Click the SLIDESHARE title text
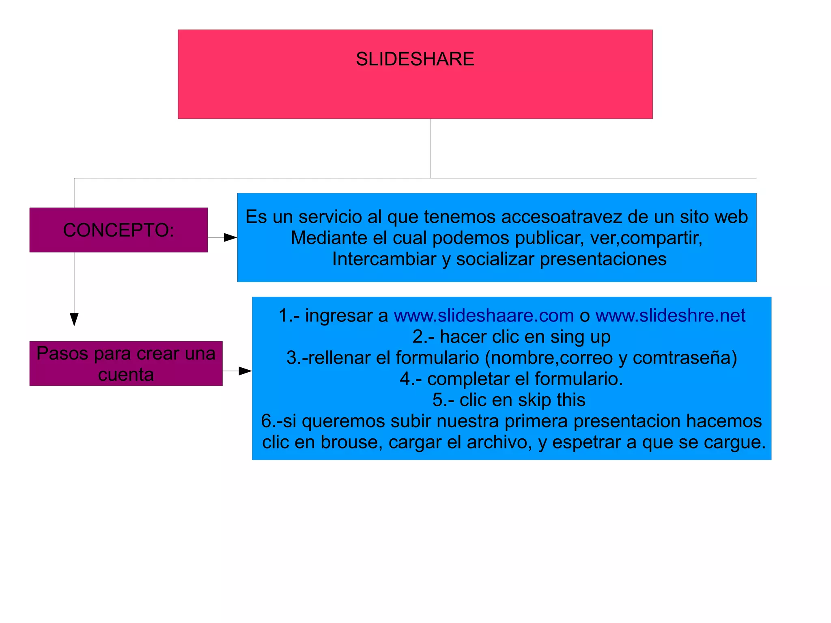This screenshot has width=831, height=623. (415, 59)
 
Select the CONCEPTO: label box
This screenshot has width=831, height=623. (118, 230)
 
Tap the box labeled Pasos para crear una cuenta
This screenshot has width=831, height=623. (126, 364)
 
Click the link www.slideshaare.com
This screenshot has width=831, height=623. (484, 316)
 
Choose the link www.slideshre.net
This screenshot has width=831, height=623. (670, 316)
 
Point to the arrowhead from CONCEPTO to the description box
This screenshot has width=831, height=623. (230, 237)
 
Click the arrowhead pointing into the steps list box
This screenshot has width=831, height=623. (245, 371)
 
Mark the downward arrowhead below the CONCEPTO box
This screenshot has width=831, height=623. (74, 319)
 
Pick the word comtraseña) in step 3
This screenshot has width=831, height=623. (685, 358)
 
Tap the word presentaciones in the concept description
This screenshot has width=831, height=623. (603, 259)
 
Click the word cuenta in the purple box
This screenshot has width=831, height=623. (126, 375)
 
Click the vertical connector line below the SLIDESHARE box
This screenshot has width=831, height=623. (430, 148)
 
